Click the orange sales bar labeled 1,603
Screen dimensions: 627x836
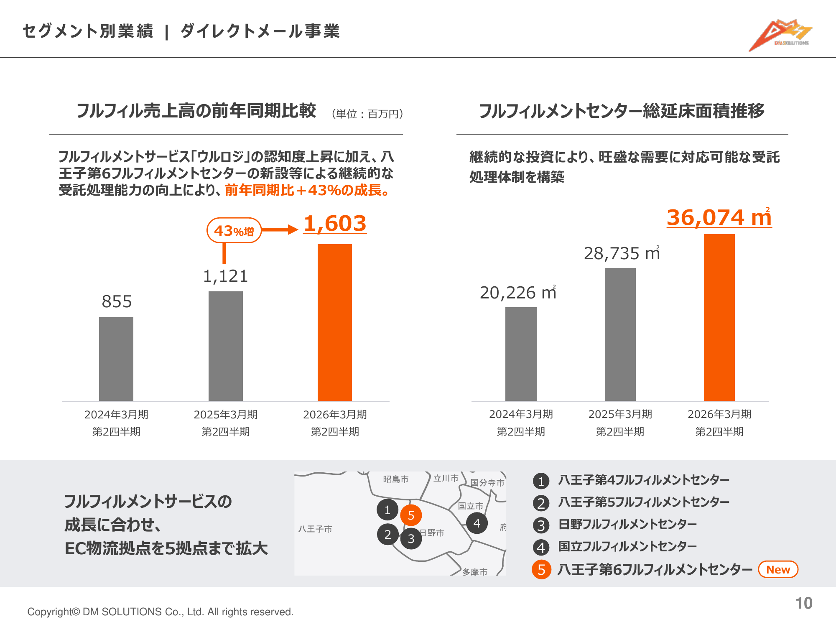point(334,322)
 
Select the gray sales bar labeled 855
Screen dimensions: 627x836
point(116,359)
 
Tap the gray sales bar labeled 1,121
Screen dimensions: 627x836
point(226,346)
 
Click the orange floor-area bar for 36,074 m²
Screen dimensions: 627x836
point(719,317)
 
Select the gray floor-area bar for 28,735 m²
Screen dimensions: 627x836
point(620,334)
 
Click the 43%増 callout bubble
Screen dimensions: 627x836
point(234,230)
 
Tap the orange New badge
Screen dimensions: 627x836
point(778,569)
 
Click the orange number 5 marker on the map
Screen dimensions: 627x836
point(411,515)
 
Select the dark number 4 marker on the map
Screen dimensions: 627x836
point(477,523)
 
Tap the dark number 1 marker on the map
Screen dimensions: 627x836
point(387,510)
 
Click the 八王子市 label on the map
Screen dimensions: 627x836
point(315,529)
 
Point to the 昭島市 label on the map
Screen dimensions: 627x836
point(395,479)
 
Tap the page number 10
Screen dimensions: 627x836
point(803,603)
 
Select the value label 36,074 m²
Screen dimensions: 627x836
point(719,218)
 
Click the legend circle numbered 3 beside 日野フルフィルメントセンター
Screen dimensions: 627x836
point(541,525)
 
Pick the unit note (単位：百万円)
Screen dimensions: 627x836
point(367,114)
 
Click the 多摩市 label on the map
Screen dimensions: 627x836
point(475,572)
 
